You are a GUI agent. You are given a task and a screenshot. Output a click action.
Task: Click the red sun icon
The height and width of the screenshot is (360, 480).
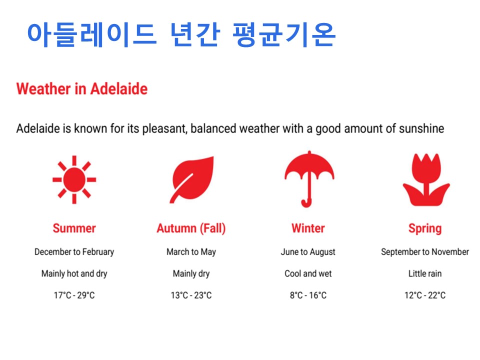74,179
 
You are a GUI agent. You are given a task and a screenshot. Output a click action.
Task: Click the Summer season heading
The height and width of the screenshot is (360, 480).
74,228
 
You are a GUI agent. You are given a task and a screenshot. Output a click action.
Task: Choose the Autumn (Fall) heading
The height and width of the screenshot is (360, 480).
191,228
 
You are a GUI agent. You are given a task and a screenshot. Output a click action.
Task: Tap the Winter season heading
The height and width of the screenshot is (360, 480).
308,228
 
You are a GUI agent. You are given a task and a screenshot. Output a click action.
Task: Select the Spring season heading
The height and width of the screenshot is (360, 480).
425,229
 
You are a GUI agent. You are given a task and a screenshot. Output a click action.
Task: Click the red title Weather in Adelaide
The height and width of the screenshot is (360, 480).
81,89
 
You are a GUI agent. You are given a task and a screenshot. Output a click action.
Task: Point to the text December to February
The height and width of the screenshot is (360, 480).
74,252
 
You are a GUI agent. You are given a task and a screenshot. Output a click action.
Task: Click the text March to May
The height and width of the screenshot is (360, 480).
191,252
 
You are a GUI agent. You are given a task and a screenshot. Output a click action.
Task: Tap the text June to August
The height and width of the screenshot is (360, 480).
308,252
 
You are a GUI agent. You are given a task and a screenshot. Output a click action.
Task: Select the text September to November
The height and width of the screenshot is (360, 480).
425,251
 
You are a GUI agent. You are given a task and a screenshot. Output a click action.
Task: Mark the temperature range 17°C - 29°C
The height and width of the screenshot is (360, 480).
74,295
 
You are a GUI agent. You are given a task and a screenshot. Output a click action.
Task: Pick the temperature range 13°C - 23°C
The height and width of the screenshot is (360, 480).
191,295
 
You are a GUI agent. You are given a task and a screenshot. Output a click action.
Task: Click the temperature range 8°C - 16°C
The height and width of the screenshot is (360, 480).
308,295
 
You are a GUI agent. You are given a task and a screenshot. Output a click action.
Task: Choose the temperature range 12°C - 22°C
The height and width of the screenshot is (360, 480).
425,295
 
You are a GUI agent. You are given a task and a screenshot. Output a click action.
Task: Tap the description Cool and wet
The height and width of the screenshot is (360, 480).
308,273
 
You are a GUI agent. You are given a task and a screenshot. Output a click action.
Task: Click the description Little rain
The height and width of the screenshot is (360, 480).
425,273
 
